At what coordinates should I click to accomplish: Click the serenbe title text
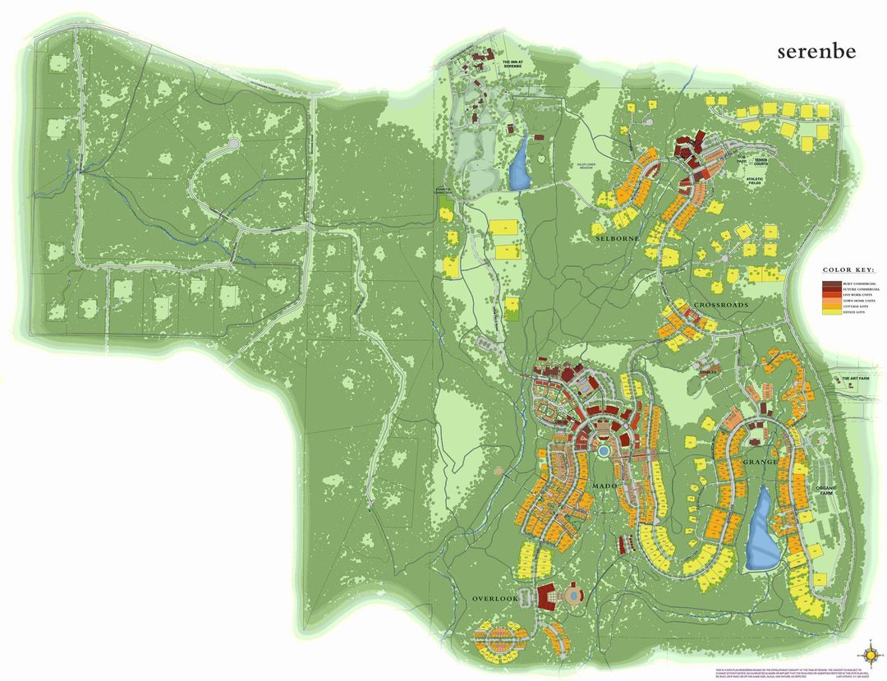tap(816, 52)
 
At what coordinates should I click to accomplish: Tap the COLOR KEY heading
tap(849, 269)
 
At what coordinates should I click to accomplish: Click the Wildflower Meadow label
tap(591, 166)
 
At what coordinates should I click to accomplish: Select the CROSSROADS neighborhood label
tap(721, 305)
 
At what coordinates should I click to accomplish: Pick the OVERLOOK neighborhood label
tap(495, 599)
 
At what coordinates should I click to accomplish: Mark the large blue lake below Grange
tap(762, 530)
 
